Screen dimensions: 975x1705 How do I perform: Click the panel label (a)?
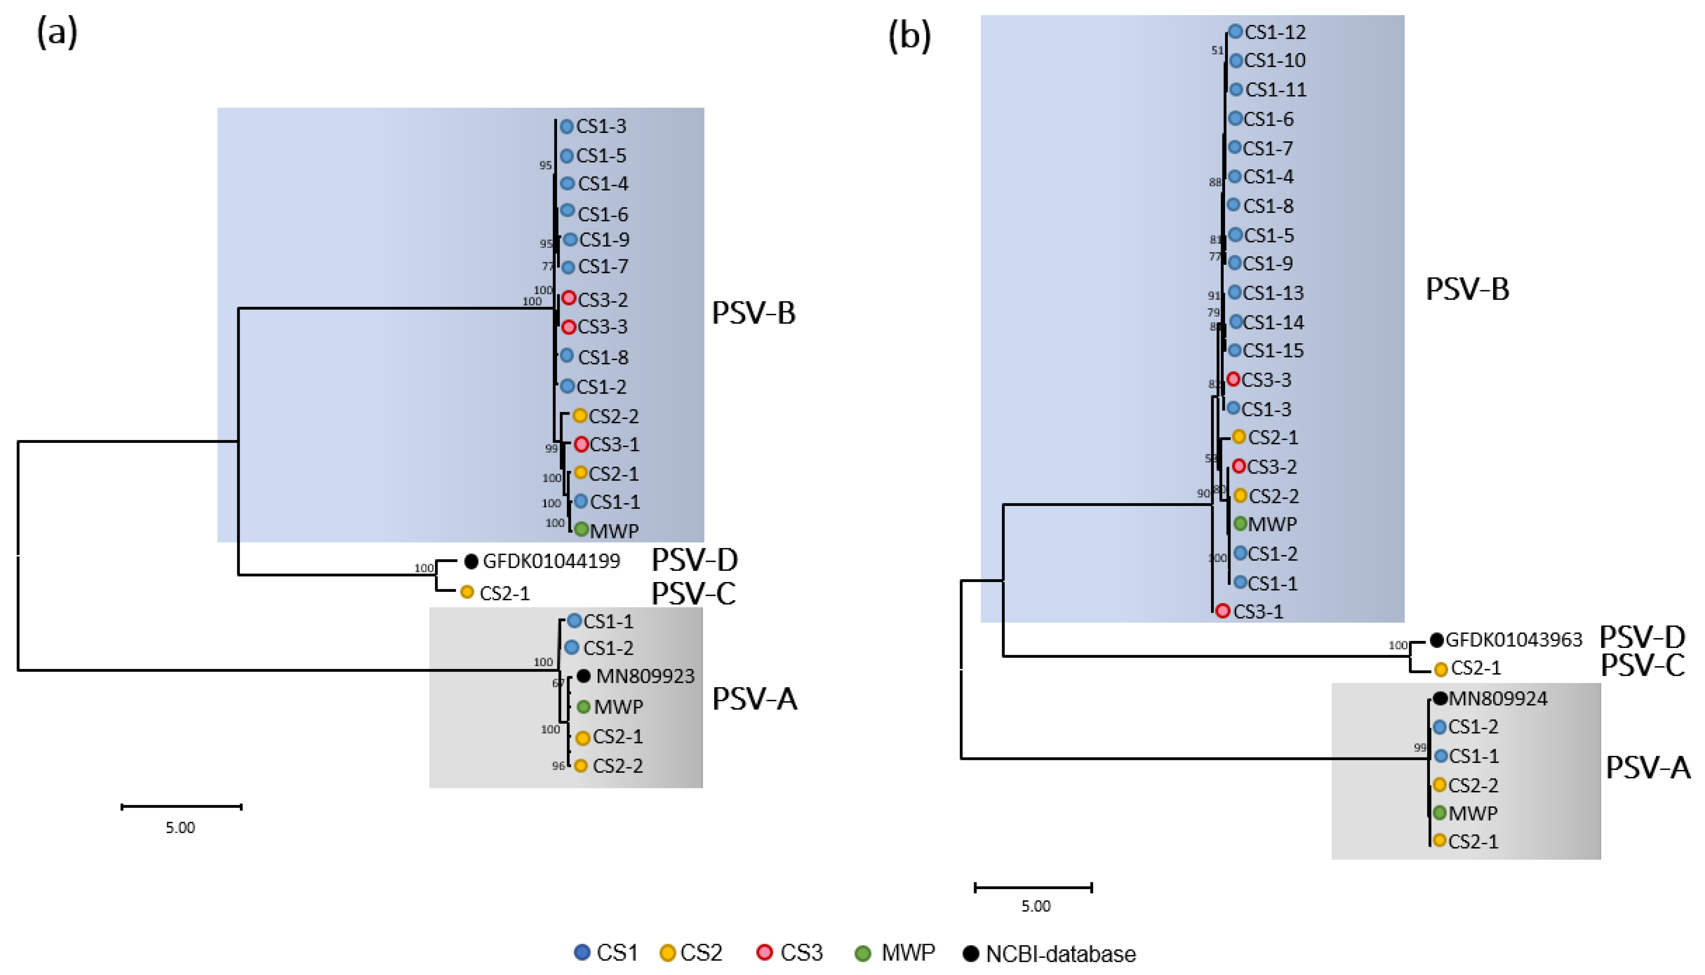pos(57,32)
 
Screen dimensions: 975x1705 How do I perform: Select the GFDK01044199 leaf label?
pos(551,561)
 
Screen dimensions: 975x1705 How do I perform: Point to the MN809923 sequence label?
pos(645,676)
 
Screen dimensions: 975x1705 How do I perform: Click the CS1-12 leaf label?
pos(1275,32)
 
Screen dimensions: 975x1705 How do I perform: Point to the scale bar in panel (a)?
pos(181,807)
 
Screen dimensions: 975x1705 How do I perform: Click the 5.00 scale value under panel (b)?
pos(1036,906)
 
